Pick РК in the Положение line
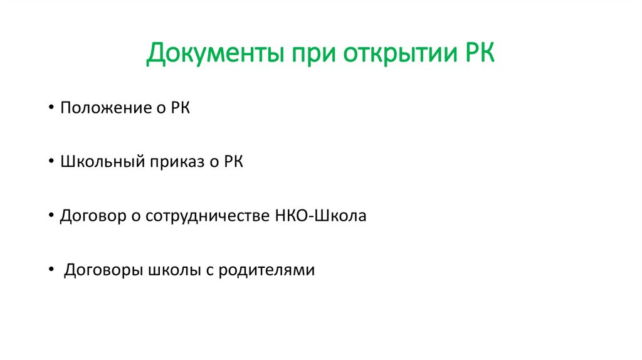click(179, 108)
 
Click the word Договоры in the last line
click(102, 271)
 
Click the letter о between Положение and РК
click(160, 109)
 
